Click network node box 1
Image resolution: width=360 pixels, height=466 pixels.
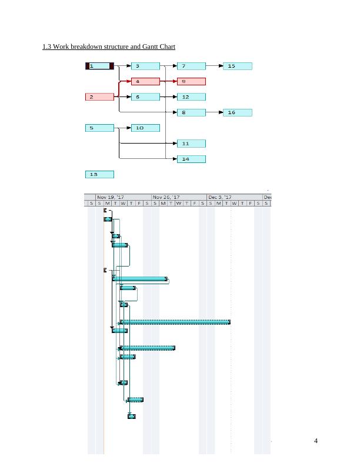pyautogui.click(x=99, y=66)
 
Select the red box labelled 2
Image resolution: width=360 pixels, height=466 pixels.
pyautogui.click(x=99, y=97)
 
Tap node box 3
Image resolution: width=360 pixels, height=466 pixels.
pyautogui.click(x=145, y=66)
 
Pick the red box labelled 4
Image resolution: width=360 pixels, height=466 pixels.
pyautogui.click(x=145, y=82)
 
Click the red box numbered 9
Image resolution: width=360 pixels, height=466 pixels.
pyautogui.click(x=191, y=82)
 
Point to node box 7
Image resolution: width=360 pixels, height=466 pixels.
pyautogui.click(x=191, y=66)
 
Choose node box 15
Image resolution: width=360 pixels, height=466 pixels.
pyautogui.click(x=238, y=66)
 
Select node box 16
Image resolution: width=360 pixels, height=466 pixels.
pyautogui.click(x=238, y=112)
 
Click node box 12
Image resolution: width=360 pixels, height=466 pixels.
pyautogui.click(x=191, y=97)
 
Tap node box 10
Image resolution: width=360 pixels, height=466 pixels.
pyautogui.click(x=145, y=128)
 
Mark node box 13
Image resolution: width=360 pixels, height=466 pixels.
pyautogui.click(x=99, y=174)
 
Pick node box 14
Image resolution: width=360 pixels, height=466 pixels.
pyautogui.click(x=191, y=159)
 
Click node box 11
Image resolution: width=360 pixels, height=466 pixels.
pyautogui.click(x=191, y=144)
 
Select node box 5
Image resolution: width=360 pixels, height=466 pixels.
pyautogui.click(x=99, y=128)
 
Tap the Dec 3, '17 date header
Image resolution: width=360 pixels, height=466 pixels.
pyautogui.click(x=221, y=197)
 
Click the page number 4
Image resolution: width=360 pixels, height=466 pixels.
pyautogui.click(x=316, y=442)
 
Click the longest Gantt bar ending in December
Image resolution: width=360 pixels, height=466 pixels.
pyautogui.click(x=175, y=322)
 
